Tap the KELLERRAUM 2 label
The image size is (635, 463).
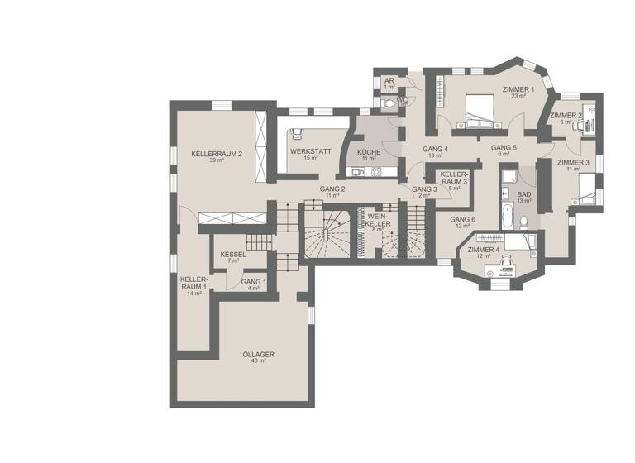(x=216, y=157)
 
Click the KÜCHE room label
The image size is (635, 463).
(x=368, y=155)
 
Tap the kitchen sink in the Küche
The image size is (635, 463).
(x=358, y=172)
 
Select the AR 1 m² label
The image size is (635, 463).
(x=388, y=84)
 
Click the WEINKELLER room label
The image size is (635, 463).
(x=378, y=222)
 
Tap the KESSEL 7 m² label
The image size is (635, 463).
(x=233, y=257)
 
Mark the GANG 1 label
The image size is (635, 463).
(x=253, y=285)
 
